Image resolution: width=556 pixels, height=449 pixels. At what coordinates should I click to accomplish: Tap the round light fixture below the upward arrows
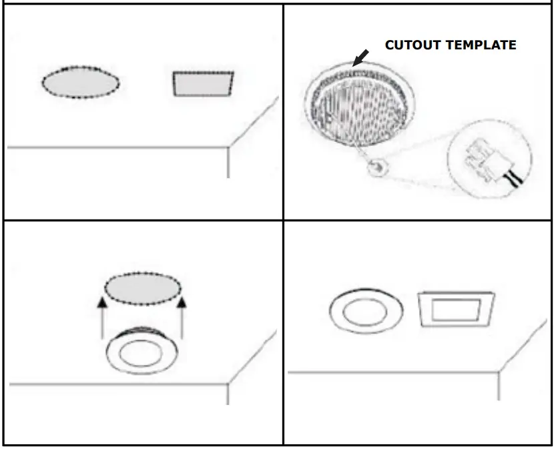[x=140, y=352]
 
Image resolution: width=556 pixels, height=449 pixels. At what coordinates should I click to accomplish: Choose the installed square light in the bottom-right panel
[x=456, y=310]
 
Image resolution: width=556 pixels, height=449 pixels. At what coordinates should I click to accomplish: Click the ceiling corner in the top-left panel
[x=228, y=145]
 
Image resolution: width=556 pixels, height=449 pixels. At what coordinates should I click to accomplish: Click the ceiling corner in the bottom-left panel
[x=228, y=384]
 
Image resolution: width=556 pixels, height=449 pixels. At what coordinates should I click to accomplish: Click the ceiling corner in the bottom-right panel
[x=499, y=372]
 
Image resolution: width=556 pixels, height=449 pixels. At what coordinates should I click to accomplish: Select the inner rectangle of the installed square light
[x=456, y=310]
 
